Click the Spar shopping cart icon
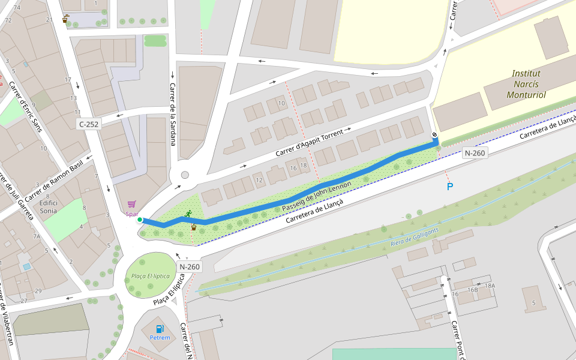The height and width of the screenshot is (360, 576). pyautogui.click(x=131, y=204)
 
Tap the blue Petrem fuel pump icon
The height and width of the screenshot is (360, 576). pyautogui.click(x=160, y=328)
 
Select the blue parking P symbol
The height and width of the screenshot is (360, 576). pyautogui.click(x=449, y=187)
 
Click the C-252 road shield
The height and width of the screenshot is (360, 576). pyautogui.click(x=89, y=124)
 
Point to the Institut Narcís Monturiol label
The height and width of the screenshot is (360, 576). pyautogui.click(x=526, y=84)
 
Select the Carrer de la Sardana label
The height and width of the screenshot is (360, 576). pyautogui.click(x=173, y=114)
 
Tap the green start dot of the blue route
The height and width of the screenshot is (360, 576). pyautogui.click(x=140, y=220)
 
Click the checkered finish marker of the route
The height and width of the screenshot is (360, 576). pyautogui.click(x=434, y=135)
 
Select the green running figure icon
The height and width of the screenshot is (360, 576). pyautogui.click(x=188, y=214)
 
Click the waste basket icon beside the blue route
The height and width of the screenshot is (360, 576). pyautogui.click(x=194, y=227)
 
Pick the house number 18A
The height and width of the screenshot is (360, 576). pyautogui.click(x=490, y=286)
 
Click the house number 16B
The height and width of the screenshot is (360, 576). pyautogui.click(x=472, y=290)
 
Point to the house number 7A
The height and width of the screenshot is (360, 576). pyautogui.click(x=37, y=236)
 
